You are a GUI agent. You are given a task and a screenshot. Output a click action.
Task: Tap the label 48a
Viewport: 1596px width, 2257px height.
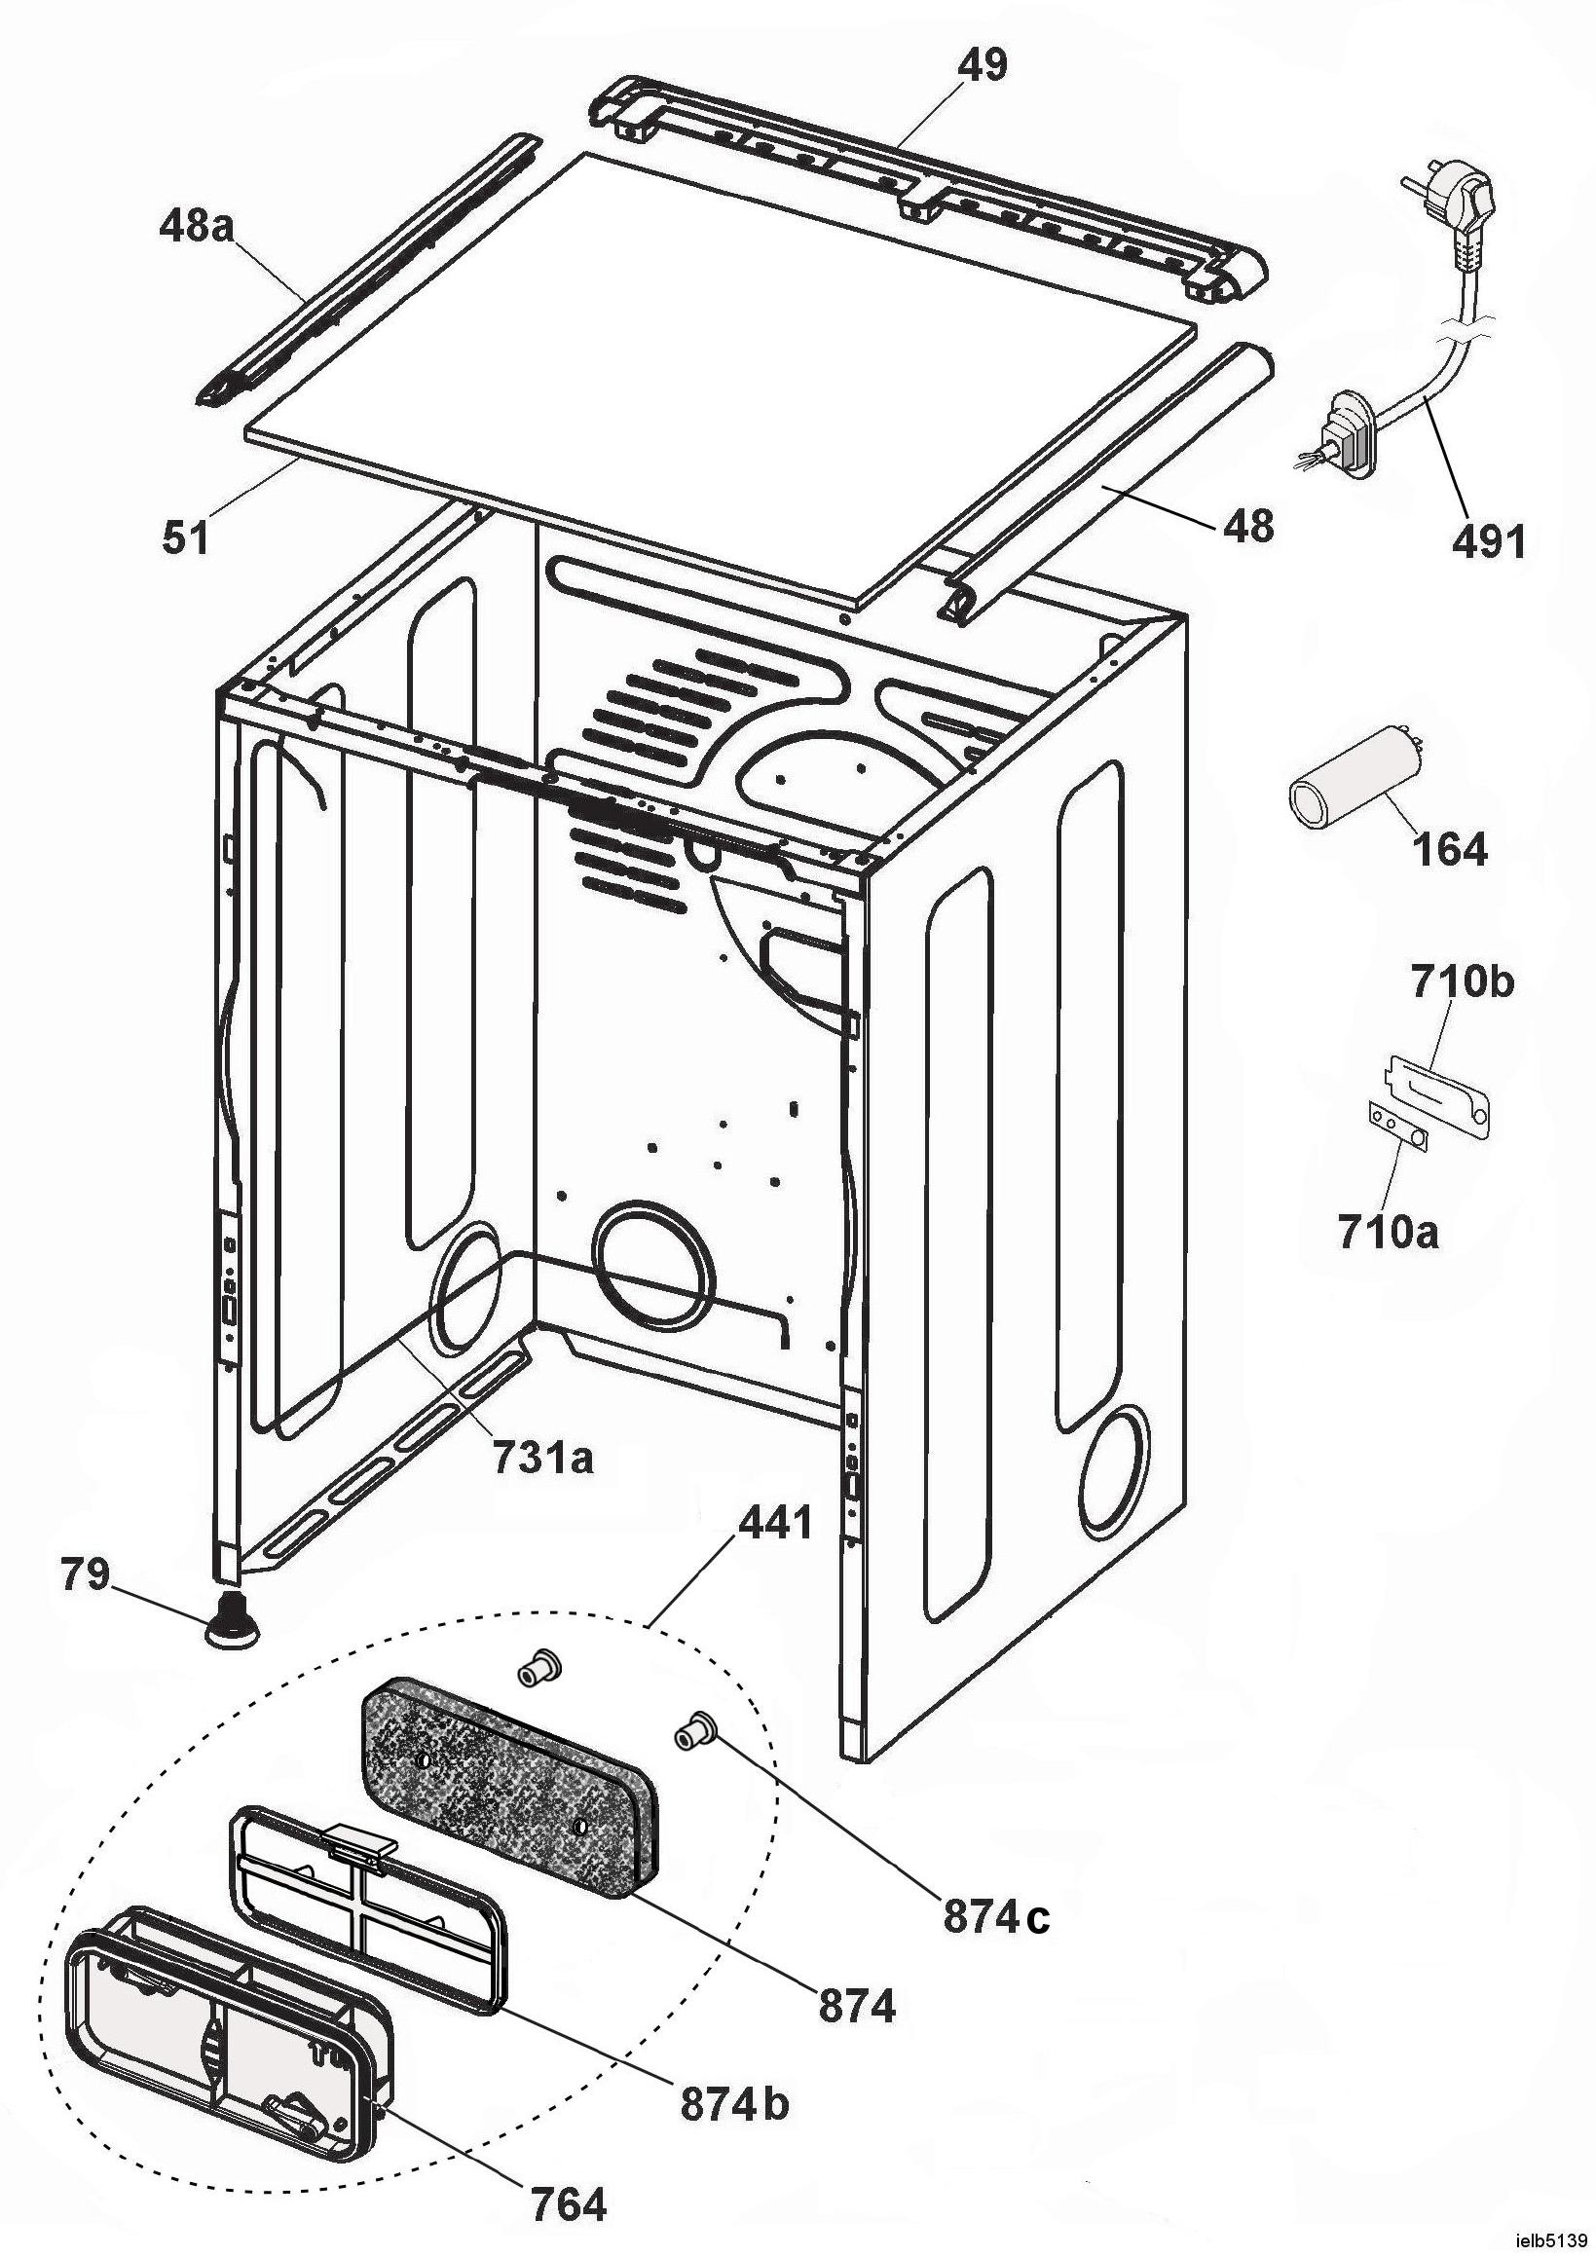click(x=198, y=228)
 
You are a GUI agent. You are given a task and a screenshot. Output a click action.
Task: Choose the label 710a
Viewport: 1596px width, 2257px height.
click(x=1387, y=1232)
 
